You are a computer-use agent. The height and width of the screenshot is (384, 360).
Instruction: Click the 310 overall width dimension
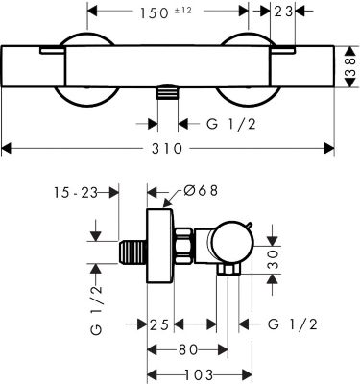[x=167, y=149]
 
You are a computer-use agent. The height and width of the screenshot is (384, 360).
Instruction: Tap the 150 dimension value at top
[x=155, y=12]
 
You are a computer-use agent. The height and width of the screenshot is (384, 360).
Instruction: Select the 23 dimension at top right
[x=283, y=12]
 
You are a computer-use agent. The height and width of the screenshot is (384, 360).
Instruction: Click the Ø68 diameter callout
[x=201, y=190]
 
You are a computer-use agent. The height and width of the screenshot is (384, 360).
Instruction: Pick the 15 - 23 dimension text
[x=75, y=193]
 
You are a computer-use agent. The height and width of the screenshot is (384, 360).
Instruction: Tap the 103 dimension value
[x=199, y=373]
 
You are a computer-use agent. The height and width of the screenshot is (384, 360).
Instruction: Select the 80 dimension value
[x=187, y=349]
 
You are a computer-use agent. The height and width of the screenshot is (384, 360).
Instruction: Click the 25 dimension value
[x=159, y=325]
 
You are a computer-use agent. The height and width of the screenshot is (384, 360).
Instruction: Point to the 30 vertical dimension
[x=273, y=259]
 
